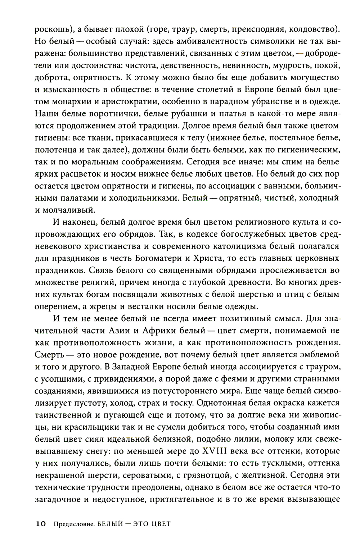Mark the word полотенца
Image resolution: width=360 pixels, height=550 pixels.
[x=55, y=149]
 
